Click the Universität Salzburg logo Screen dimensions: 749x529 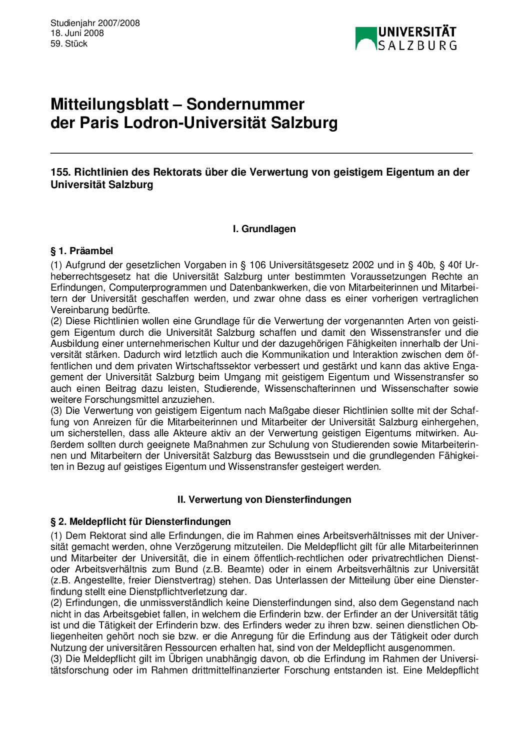pyautogui.click(x=405, y=38)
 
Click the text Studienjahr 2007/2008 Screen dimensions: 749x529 pyautogui.click(x=95, y=23)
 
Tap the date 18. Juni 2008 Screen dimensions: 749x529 pyautogui.click(x=77, y=33)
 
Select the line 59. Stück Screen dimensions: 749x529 pyautogui.click(x=69, y=44)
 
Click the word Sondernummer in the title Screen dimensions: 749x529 pyautogui.click(x=245, y=104)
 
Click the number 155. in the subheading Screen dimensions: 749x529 pyautogui.click(x=60, y=172)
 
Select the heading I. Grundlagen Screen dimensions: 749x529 pyautogui.click(x=264, y=229)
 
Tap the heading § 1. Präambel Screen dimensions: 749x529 pyautogui.click(x=81, y=251)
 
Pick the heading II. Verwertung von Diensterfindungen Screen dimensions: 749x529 pyautogui.click(x=264, y=499)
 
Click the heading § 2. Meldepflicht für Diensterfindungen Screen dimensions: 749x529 pyautogui.click(x=140, y=522)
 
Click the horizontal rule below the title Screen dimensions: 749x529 pyautogui.click(x=261, y=153)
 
